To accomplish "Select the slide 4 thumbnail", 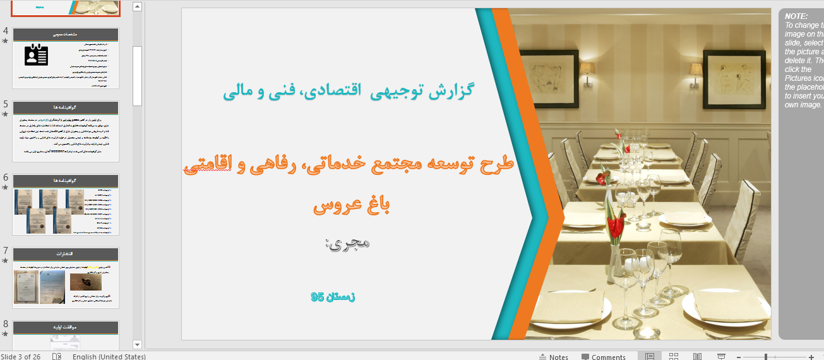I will (x=66, y=58).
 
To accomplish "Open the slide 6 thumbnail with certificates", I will (x=66, y=205).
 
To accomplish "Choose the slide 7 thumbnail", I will (x=66, y=278).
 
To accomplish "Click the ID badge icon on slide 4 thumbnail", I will (x=37, y=56).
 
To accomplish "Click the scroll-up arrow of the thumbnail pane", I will (x=138, y=7).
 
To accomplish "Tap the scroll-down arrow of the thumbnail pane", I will (x=138, y=344).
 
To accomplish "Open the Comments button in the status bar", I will (x=604, y=357).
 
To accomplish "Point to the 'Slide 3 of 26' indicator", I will (x=20, y=357).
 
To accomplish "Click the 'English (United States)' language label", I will (x=109, y=357).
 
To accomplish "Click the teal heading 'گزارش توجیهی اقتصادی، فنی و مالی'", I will (x=348, y=91).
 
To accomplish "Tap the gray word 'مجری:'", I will (x=348, y=243).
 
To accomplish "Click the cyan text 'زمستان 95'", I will (x=333, y=296).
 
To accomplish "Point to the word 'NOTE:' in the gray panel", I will (x=796, y=16).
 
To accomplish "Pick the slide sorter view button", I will (x=673, y=357).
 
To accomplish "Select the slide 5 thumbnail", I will (x=66, y=131).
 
